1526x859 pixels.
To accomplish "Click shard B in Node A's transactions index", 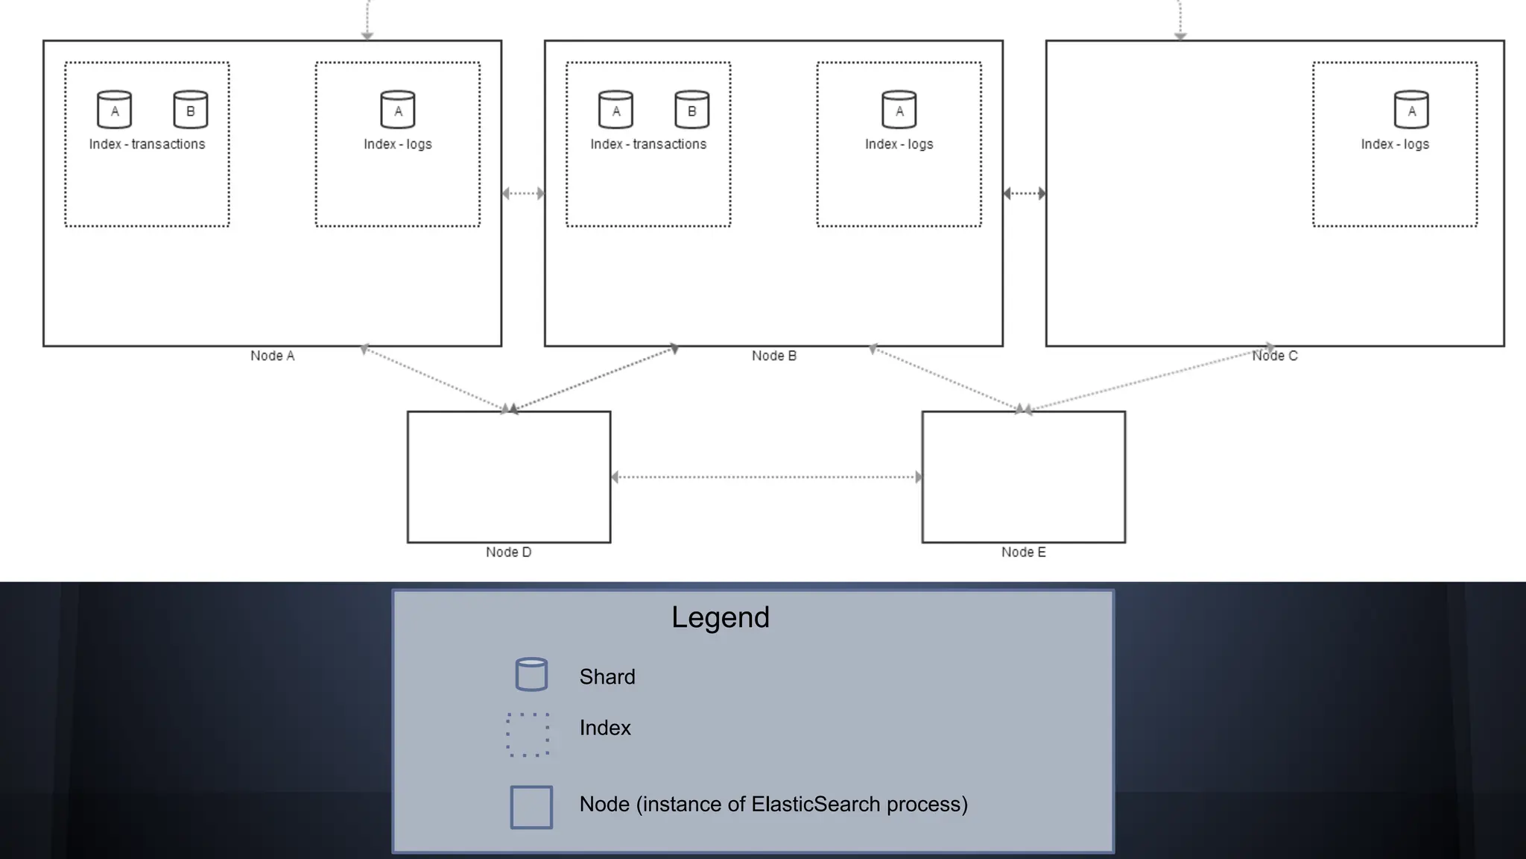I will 190,110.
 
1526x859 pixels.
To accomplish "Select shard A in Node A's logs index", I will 398,110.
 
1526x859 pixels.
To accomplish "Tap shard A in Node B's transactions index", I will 615,110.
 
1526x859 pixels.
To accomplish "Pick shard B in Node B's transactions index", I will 691,110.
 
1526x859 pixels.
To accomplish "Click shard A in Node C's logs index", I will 1411,110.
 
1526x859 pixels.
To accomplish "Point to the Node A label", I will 273,356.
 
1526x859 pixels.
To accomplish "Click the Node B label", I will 774,356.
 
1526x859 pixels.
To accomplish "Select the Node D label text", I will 508,553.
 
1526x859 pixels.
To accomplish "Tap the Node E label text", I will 1023,553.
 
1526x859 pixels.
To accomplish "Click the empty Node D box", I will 509,477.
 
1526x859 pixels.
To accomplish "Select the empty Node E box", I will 1023,477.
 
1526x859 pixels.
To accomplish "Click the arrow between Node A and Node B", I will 523,194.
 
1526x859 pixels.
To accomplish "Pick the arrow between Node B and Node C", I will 1025,194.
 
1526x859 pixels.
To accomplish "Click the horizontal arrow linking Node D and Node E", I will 766,477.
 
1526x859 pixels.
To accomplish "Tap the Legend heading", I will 720,617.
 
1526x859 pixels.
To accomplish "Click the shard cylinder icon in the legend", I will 531,675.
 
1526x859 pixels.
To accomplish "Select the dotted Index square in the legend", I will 528,734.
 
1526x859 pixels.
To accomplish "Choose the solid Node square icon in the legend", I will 531,807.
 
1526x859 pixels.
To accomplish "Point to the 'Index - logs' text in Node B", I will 899,145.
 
